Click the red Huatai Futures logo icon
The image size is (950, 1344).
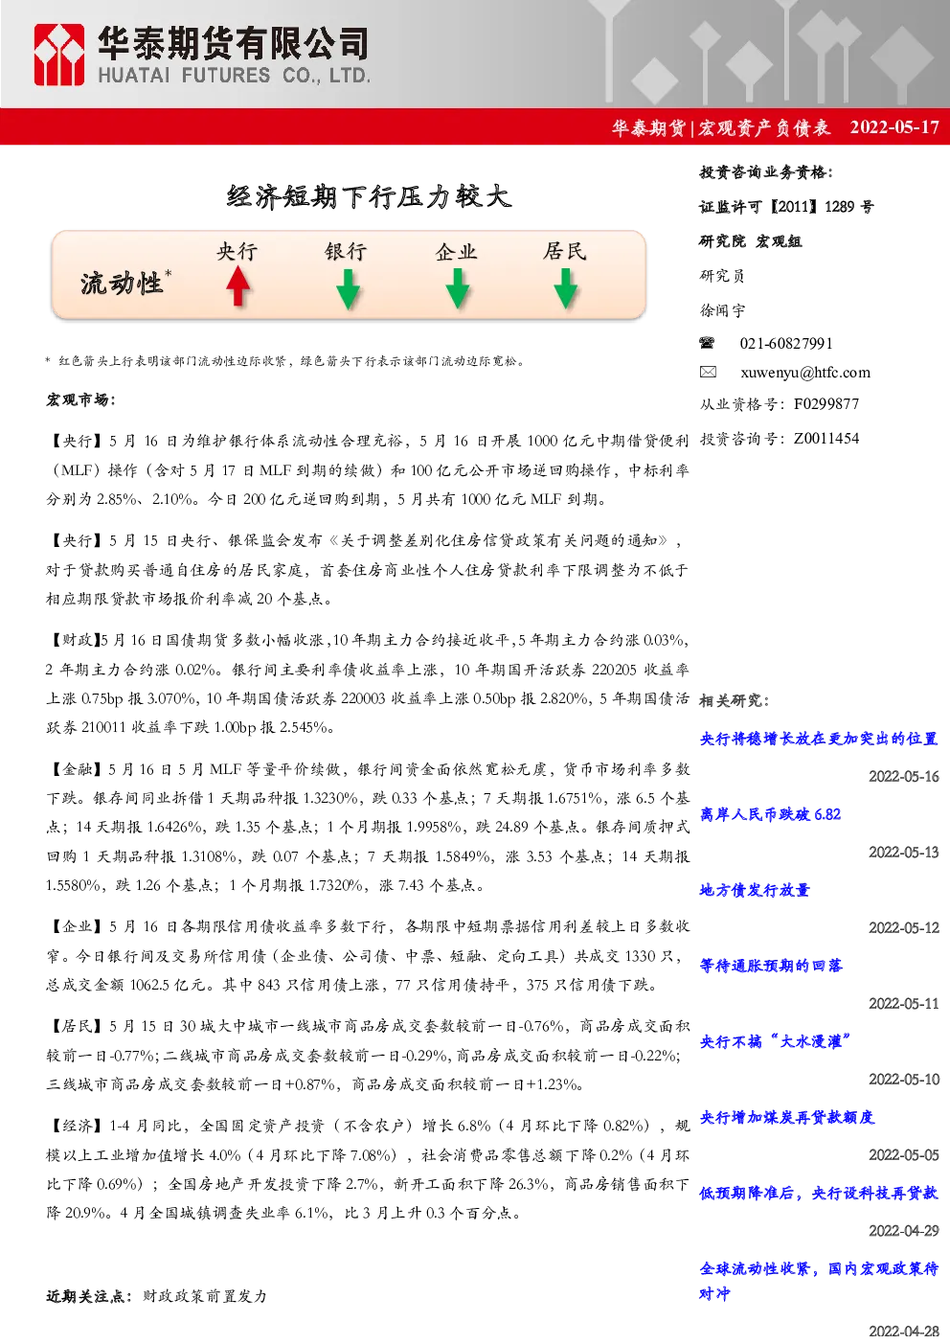(x=58, y=55)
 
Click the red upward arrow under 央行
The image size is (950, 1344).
(x=238, y=286)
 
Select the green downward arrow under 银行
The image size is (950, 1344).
(x=348, y=288)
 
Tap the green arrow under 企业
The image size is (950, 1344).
(x=458, y=288)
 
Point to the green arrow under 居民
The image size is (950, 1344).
(x=566, y=288)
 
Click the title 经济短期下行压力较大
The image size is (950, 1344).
(x=369, y=196)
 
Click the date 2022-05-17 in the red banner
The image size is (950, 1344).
(x=894, y=127)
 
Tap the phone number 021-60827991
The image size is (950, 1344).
(x=786, y=343)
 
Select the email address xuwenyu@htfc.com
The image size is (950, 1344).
(x=805, y=373)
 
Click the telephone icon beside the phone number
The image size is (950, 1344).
(x=707, y=343)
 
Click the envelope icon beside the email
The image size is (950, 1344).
(x=708, y=372)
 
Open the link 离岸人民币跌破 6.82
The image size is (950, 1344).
(x=770, y=814)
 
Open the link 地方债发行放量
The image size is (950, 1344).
(x=755, y=890)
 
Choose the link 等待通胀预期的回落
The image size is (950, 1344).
(x=771, y=966)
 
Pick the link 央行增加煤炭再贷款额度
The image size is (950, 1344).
(x=787, y=1117)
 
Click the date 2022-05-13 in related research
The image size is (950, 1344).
(x=904, y=852)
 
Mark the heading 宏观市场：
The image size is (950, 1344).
(x=81, y=399)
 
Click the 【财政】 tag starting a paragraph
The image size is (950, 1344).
(x=73, y=640)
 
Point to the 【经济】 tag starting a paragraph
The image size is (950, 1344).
(x=76, y=1126)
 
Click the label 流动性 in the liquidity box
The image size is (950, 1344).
(x=122, y=284)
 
